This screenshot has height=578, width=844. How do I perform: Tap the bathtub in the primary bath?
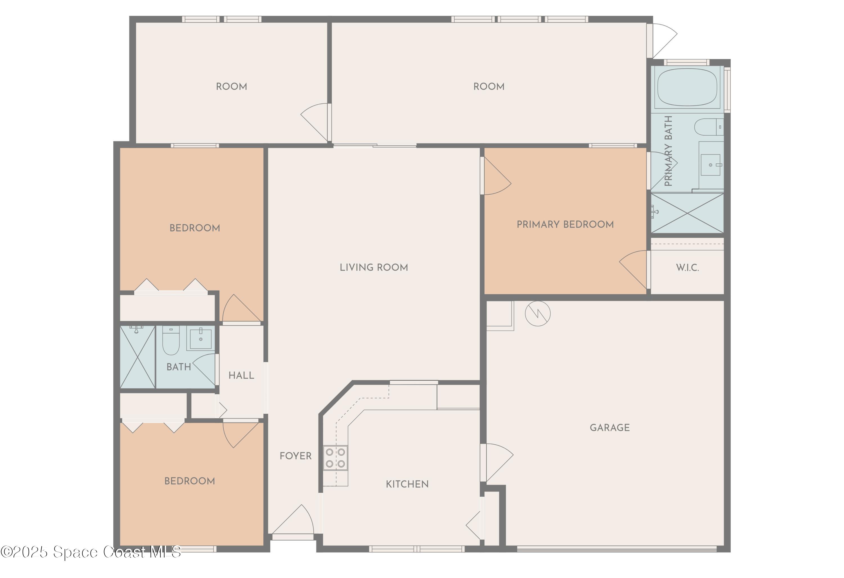click(x=687, y=87)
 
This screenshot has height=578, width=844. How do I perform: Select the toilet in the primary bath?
click(x=708, y=127)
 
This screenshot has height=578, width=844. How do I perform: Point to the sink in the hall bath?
click(x=201, y=339)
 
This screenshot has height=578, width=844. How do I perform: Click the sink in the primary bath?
click(x=710, y=165)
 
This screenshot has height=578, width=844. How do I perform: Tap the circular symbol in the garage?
click(x=537, y=313)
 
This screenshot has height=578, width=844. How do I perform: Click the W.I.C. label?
click(x=687, y=268)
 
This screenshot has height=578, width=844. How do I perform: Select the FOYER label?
click(x=295, y=456)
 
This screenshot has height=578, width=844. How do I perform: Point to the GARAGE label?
click(x=609, y=428)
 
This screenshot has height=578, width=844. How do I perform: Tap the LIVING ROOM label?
click(x=374, y=267)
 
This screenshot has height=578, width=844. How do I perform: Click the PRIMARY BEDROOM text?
click(x=565, y=224)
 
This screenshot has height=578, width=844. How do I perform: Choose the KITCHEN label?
click(x=407, y=484)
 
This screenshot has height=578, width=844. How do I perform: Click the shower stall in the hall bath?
click(x=138, y=357)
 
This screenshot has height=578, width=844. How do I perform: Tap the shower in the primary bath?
click(x=687, y=213)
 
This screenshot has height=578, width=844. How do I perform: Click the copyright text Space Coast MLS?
click(x=91, y=552)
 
